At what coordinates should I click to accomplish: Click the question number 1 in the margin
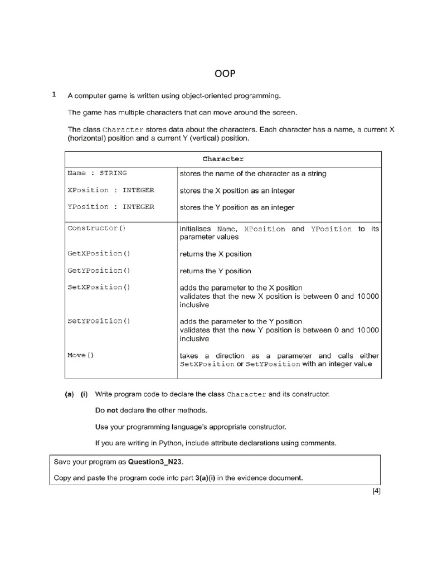tap(53, 95)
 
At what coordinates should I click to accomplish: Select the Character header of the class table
tap(223, 159)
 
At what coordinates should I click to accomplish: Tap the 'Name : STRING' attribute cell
tap(97, 173)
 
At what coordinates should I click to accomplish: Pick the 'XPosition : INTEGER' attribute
tap(110, 190)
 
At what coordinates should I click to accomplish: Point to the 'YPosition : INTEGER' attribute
tap(110, 207)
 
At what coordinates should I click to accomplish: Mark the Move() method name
tap(81, 355)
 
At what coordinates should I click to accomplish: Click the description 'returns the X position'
tap(215, 254)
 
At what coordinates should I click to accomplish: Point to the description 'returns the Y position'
tap(215, 272)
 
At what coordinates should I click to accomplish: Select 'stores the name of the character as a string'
tap(252, 173)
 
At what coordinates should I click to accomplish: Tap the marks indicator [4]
tap(376, 491)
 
